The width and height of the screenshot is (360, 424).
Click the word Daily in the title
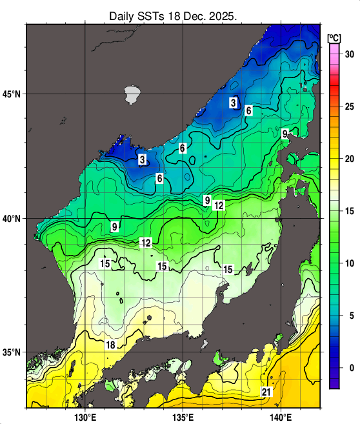(x=123, y=15)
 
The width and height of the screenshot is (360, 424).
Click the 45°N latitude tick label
(x=14, y=94)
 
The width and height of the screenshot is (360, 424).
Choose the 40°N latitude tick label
(x=14, y=219)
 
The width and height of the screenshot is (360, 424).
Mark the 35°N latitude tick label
(x=14, y=352)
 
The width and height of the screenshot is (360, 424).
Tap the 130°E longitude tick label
(x=85, y=416)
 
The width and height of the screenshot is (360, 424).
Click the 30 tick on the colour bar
(x=350, y=54)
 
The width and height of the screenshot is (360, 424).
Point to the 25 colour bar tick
(x=350, y=106)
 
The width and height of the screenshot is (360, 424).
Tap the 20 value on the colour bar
(x=350, y=159)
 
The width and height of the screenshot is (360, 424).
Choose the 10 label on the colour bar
(x=350, y=263)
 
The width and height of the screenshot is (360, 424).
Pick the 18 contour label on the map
(x=110, y=345)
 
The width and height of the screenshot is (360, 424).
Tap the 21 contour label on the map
(x=266, y=392)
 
